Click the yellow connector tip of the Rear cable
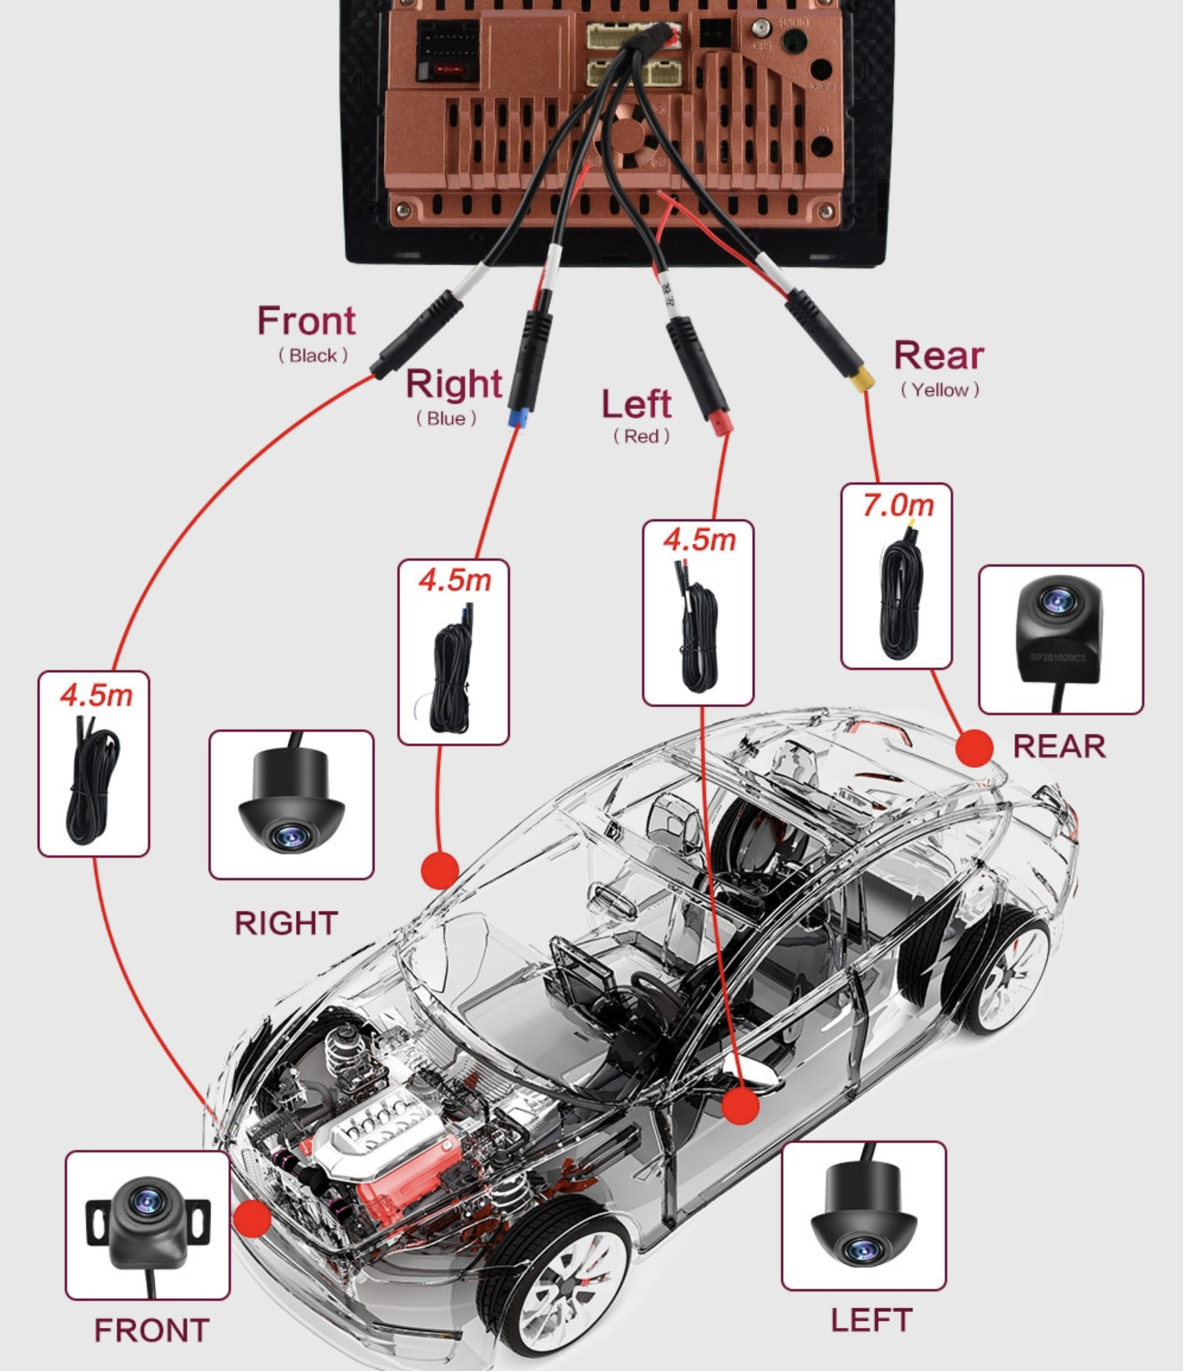862,379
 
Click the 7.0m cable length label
897,506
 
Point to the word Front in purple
306,321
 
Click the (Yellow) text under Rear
940,390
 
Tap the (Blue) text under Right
446,418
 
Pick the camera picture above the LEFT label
864,1215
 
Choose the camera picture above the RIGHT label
291,804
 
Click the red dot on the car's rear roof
975,748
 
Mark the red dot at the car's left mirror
740,1106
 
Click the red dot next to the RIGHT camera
440,869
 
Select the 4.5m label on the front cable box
96,695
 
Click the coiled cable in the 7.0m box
900,600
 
